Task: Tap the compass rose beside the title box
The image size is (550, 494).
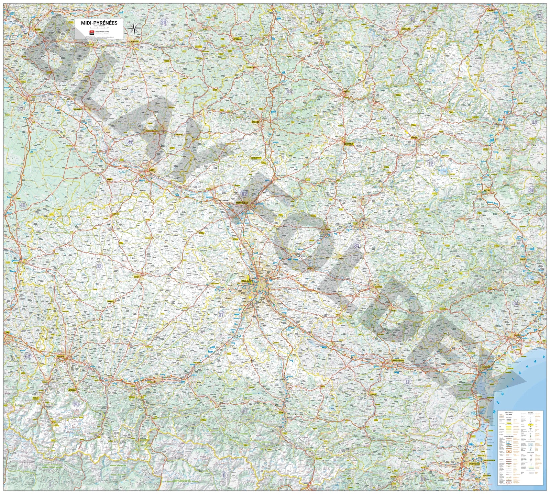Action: pos(133,27)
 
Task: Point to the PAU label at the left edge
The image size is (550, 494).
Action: pos(7,333)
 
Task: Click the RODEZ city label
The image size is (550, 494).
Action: pos(414,137)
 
